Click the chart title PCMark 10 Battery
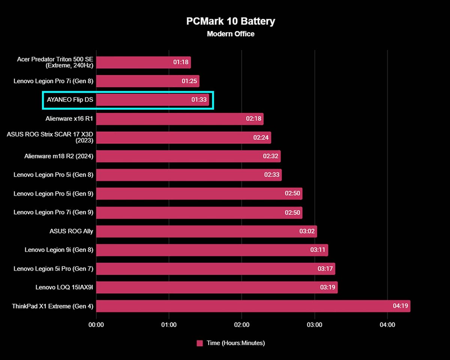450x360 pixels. (231, 21)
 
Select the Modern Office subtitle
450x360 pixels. (231, 34)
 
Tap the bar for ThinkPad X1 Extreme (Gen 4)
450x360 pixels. (253, 306)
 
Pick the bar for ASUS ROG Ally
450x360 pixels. (207, 231)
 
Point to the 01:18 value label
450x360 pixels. (181, 63)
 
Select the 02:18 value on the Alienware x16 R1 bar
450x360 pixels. (253, 119)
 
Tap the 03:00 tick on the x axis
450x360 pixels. (315, 325)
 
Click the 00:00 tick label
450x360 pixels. (96, 325)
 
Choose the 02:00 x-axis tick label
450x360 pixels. (241, 325)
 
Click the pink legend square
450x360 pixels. (199, 343)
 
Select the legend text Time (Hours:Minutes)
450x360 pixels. (235, 343)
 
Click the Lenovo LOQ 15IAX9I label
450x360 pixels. (64, 288)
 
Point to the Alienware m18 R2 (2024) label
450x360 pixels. (59, 156)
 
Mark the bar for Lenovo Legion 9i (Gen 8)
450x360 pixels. (212, 250)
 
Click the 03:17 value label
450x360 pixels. (325, 269)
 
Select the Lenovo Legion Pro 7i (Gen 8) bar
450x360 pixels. (148, 81)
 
